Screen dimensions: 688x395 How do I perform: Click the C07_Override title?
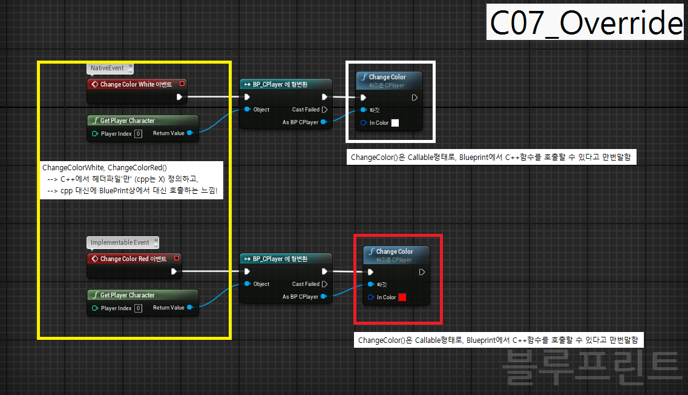click(x=586, y=23)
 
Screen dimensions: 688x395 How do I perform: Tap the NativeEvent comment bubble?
click(x=107, y=68)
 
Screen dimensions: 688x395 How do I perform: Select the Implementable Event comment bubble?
click(x=120, y=243)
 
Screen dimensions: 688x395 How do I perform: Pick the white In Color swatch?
click(x=395, y=123)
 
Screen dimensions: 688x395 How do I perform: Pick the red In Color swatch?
click(x=402, y=297)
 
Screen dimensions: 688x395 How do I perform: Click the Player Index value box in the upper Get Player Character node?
click(x=138, y=134)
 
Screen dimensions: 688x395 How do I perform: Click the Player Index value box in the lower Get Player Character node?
click(x=138, y=308)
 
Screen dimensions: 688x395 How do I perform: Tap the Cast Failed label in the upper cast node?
click(x=306, y=110)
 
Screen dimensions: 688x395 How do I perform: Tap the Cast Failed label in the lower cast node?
click(x=306, y=284)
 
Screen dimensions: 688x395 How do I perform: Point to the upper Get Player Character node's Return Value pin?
click(x=190, y=133)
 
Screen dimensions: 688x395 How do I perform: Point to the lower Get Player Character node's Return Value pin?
click(x=190, y=308)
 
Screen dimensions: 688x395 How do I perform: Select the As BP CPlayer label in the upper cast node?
click(x=300, y=122)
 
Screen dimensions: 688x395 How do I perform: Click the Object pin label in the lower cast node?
click(x=261, y=284)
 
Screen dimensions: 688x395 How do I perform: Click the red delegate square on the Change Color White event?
click(x=183, y=84)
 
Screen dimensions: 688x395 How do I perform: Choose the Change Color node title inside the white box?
click(x=387, y=77)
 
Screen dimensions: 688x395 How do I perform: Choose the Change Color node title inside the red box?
click(x=395, y=251)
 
